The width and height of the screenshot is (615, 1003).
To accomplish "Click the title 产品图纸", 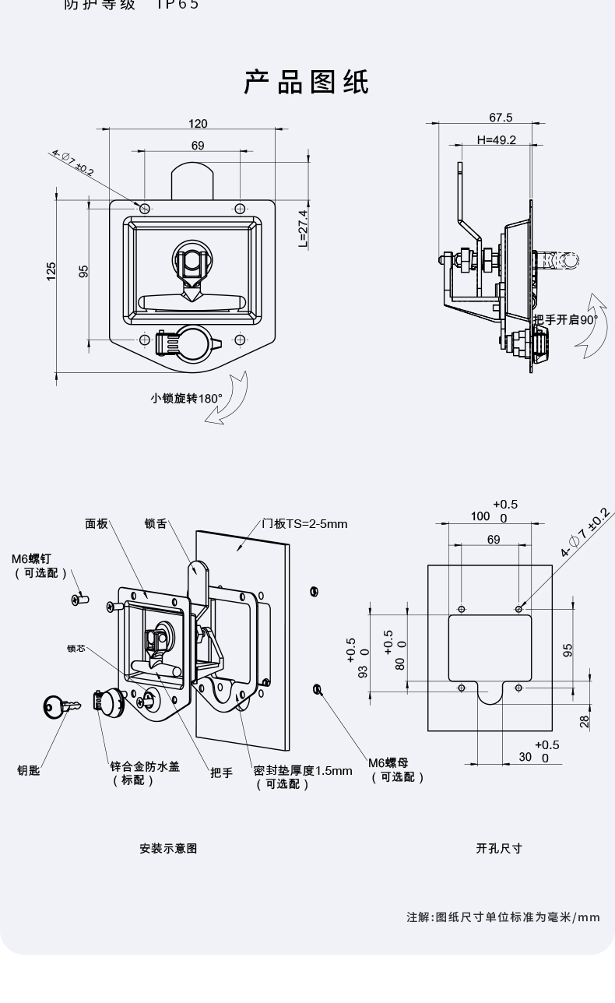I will pos(307,82).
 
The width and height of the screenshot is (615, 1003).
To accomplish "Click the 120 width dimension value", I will pos(198,124).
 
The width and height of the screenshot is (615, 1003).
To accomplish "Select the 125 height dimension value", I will pos(51,270).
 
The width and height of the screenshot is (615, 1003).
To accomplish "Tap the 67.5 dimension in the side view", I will pos(501,118).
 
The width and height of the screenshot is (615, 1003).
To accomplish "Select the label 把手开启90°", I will pos(565,319).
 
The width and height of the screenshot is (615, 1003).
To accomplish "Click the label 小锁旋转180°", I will pos(187,398).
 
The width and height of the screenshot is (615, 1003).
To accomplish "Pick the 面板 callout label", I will pos(97,523).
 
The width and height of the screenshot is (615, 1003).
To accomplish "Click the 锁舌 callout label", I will pos(156,523).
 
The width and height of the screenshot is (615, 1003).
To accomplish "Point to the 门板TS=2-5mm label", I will pos(304,523).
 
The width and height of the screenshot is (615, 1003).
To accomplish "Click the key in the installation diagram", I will pos(60,707).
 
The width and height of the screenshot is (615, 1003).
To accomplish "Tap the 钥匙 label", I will pos(29,770).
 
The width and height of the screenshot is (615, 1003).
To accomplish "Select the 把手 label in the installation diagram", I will pos(221,772).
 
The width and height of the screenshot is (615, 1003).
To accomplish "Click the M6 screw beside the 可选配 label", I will pos(81,599).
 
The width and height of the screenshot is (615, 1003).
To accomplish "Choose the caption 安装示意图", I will pos(168,848).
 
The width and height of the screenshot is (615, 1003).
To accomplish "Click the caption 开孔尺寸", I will pos(499,848).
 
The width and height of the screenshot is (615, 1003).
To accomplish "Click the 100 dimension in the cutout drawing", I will pos(480,516).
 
